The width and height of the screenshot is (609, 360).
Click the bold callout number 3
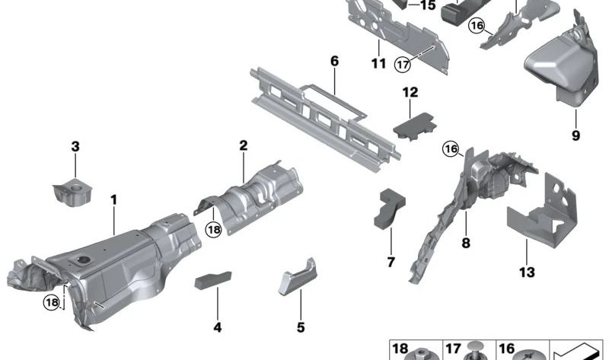(75, 147)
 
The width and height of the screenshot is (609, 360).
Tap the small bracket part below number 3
(72, 193)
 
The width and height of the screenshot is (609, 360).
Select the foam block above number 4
(213, 280)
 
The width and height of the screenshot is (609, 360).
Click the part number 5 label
(301, 327)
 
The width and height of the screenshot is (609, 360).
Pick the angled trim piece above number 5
(298, 276)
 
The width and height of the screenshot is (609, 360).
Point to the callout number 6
(334, 62)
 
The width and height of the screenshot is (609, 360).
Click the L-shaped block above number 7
(390, 209)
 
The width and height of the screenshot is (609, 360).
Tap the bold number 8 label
(466, 244)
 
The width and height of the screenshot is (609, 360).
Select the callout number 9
(576, 135)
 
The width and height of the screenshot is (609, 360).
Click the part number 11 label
(378, 63)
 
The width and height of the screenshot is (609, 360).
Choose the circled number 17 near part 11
(403, 64)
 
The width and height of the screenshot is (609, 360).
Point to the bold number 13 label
(527, 272)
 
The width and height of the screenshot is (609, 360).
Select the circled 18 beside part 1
(52, 302)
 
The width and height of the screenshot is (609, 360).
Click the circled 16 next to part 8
(451, 148)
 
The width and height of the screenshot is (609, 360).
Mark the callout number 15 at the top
(428, 5)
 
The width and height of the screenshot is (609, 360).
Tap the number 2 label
(243, 145)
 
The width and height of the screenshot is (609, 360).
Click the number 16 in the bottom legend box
(507, 349)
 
